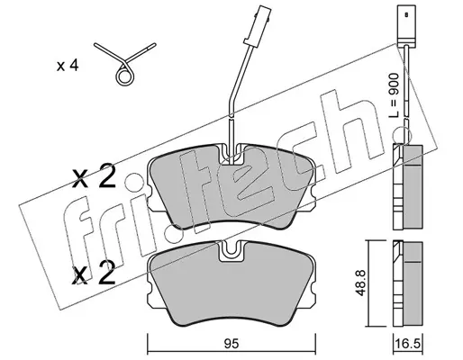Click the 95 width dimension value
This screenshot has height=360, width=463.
tap(231, 344)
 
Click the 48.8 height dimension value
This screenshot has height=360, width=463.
tap(360, 283)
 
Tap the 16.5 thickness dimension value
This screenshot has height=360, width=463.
tap(407, 344)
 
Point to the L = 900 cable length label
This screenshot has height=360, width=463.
tap(395, 95)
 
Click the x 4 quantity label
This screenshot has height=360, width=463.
tap(68, 66)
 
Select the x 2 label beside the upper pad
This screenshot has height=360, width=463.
tap(94, 175)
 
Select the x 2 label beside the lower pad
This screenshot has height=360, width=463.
tap(94, 272)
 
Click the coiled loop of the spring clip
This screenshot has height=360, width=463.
tap(124, 76)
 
